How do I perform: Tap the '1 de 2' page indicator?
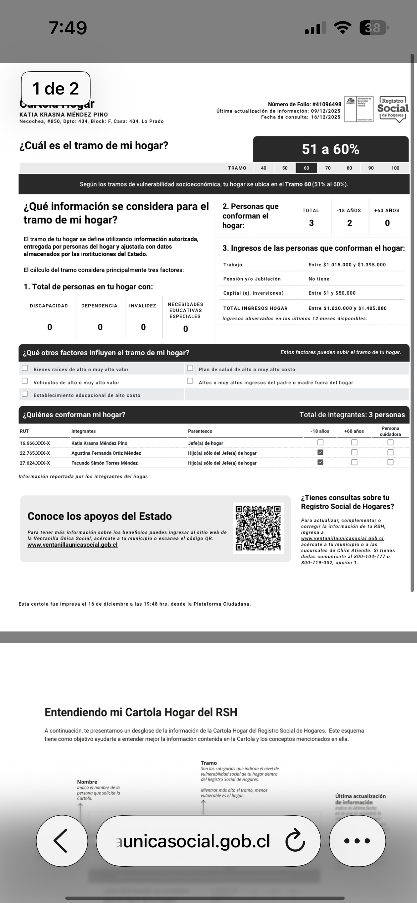56,88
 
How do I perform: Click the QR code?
258,528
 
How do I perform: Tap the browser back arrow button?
62,841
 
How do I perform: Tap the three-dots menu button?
357,841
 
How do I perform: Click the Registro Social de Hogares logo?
393,109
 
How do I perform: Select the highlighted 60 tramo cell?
307,168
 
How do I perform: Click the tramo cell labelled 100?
395,168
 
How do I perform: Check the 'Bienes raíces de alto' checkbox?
25,368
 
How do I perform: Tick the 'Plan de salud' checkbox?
190,368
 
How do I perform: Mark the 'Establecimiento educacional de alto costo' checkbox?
25,394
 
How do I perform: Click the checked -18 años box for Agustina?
320,452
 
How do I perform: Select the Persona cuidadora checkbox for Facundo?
391,462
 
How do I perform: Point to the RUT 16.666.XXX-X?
35,443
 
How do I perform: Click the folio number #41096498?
326,104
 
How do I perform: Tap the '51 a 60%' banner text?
330,149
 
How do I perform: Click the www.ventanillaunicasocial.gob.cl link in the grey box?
72,545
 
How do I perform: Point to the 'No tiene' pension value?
319,279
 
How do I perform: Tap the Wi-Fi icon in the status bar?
342,28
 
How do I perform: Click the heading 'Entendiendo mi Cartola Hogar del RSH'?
141,712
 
